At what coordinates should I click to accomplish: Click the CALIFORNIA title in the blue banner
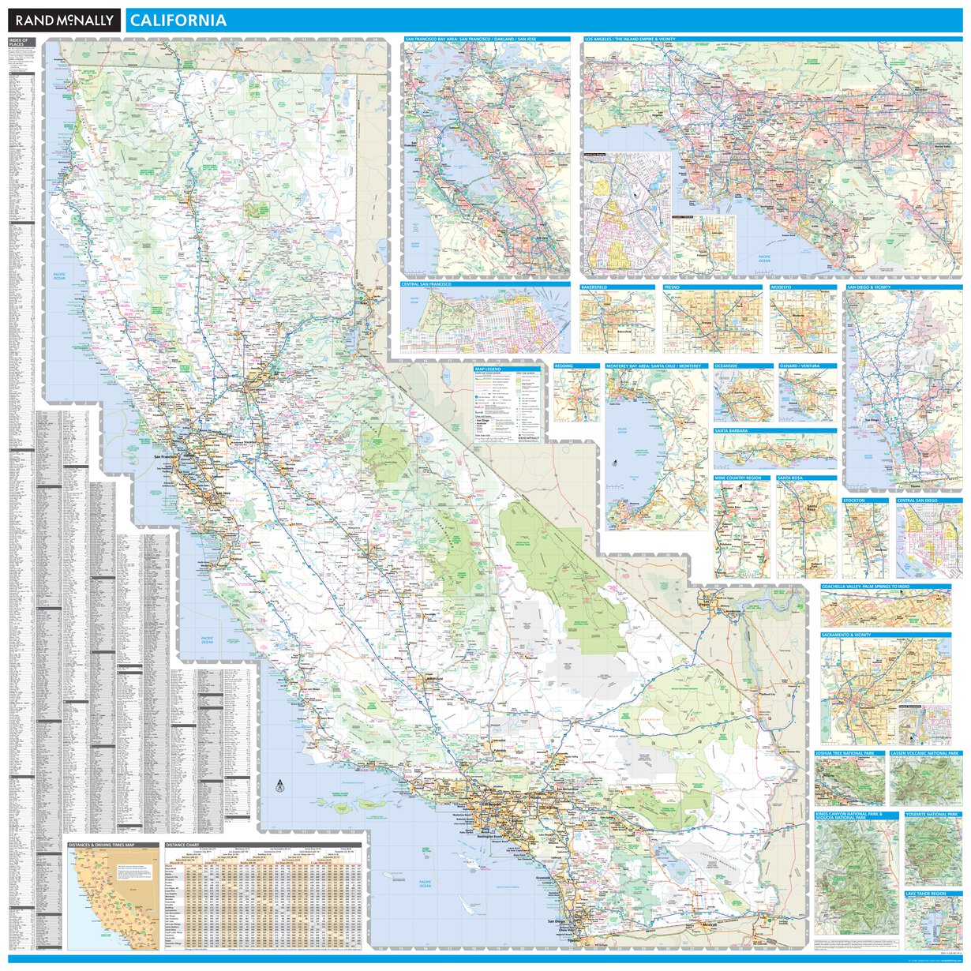pos(178,21)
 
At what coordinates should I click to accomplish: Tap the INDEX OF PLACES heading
pos(18,41)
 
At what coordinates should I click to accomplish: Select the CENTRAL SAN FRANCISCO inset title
pos(426,284)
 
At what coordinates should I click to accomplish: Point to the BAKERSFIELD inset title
pos(594,287)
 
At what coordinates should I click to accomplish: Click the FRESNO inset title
pos(673,287)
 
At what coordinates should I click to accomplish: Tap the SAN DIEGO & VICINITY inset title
pos(869,287)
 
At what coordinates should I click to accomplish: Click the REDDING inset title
pos(564,366)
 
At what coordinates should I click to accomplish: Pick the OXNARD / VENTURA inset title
pos(799,366)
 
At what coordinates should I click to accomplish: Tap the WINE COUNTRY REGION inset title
pos(738,478)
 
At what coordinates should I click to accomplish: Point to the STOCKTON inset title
pos(854,500)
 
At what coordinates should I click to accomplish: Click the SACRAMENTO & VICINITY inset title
pos(846,635)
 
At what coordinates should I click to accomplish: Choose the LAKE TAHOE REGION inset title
pos(926,894)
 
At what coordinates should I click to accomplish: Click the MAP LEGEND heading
pos(487,369)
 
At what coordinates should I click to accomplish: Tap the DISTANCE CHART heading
pos(183,845)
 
